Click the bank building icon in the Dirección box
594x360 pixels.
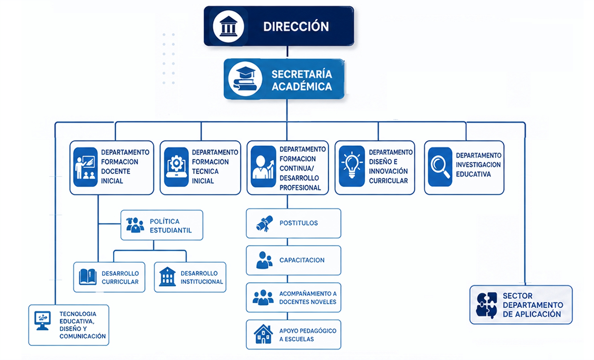(228, 26)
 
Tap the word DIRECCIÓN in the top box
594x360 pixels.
(296, 27)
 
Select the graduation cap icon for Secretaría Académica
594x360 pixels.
(245, 79)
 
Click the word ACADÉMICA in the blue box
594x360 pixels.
(302, 87)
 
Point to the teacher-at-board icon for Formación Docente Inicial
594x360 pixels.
(85, 167)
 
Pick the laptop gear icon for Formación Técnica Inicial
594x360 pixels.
(176, 167)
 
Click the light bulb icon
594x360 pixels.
(352, 166)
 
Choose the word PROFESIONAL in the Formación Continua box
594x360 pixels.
(300, 188)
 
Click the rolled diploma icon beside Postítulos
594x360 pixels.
(265, 223)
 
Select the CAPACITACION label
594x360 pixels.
(302, 260)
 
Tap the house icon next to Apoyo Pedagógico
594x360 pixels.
(263, 334)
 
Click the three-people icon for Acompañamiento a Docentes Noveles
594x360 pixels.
(263, 297)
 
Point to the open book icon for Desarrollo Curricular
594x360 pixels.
(88, 277)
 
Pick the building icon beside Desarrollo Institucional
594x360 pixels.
(167, 277)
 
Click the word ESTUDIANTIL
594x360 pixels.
(171, 230)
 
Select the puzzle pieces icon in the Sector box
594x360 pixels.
(487, 305)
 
